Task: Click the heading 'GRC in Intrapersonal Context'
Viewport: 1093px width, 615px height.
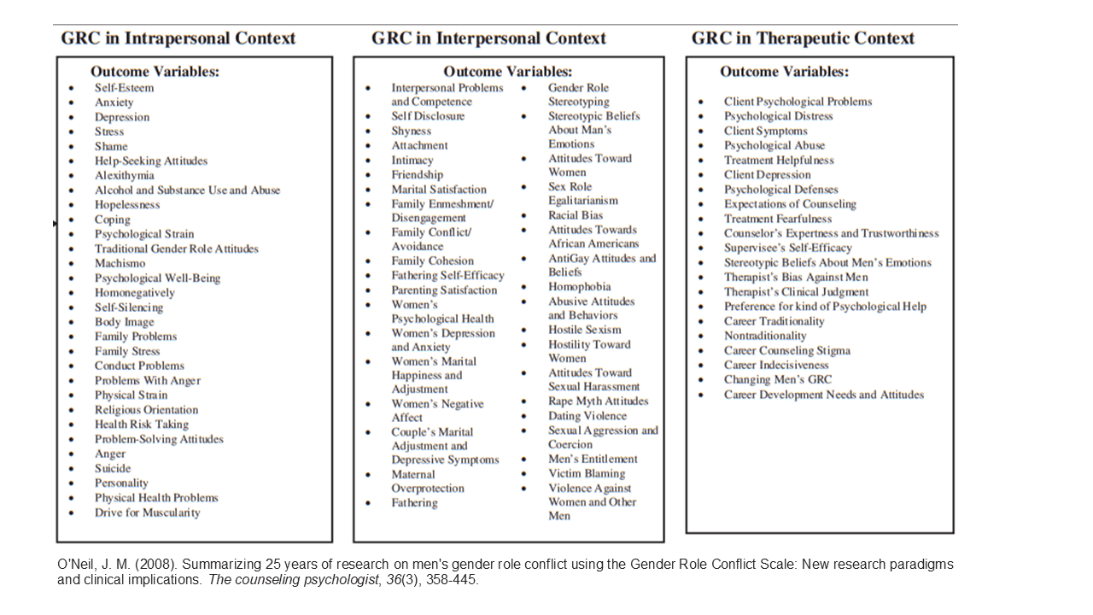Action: coord(178,38)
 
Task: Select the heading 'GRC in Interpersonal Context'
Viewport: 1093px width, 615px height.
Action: coord(488,38)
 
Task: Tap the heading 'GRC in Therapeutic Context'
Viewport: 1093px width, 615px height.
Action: coord(803,38)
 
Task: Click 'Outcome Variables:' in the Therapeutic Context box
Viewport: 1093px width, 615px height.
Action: coord(784,72)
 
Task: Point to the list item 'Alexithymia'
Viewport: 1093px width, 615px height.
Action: coord(125,175)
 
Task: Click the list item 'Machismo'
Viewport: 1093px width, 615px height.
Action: coord(120,263)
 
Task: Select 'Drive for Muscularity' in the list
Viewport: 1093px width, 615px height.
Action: coord(148,512)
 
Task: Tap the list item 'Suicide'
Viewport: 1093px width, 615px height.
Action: coord(113,468)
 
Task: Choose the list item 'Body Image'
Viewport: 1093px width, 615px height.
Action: coord(125,322)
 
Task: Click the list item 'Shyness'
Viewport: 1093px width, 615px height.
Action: coord(412,131)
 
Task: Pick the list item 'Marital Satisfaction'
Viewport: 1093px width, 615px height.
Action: coord(439,190)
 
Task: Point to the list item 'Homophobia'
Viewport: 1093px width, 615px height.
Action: coord(580,287)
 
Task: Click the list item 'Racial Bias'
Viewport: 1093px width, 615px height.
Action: coord(576,215)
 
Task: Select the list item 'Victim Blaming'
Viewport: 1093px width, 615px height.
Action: coord(587,473)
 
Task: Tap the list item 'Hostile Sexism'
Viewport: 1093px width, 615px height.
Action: coord(585,330)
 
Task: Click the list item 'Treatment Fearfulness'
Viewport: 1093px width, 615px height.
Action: coord(778,219)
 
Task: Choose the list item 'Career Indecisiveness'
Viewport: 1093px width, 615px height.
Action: coord(776,365)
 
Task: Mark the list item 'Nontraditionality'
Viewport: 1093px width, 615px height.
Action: coord(765,336)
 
